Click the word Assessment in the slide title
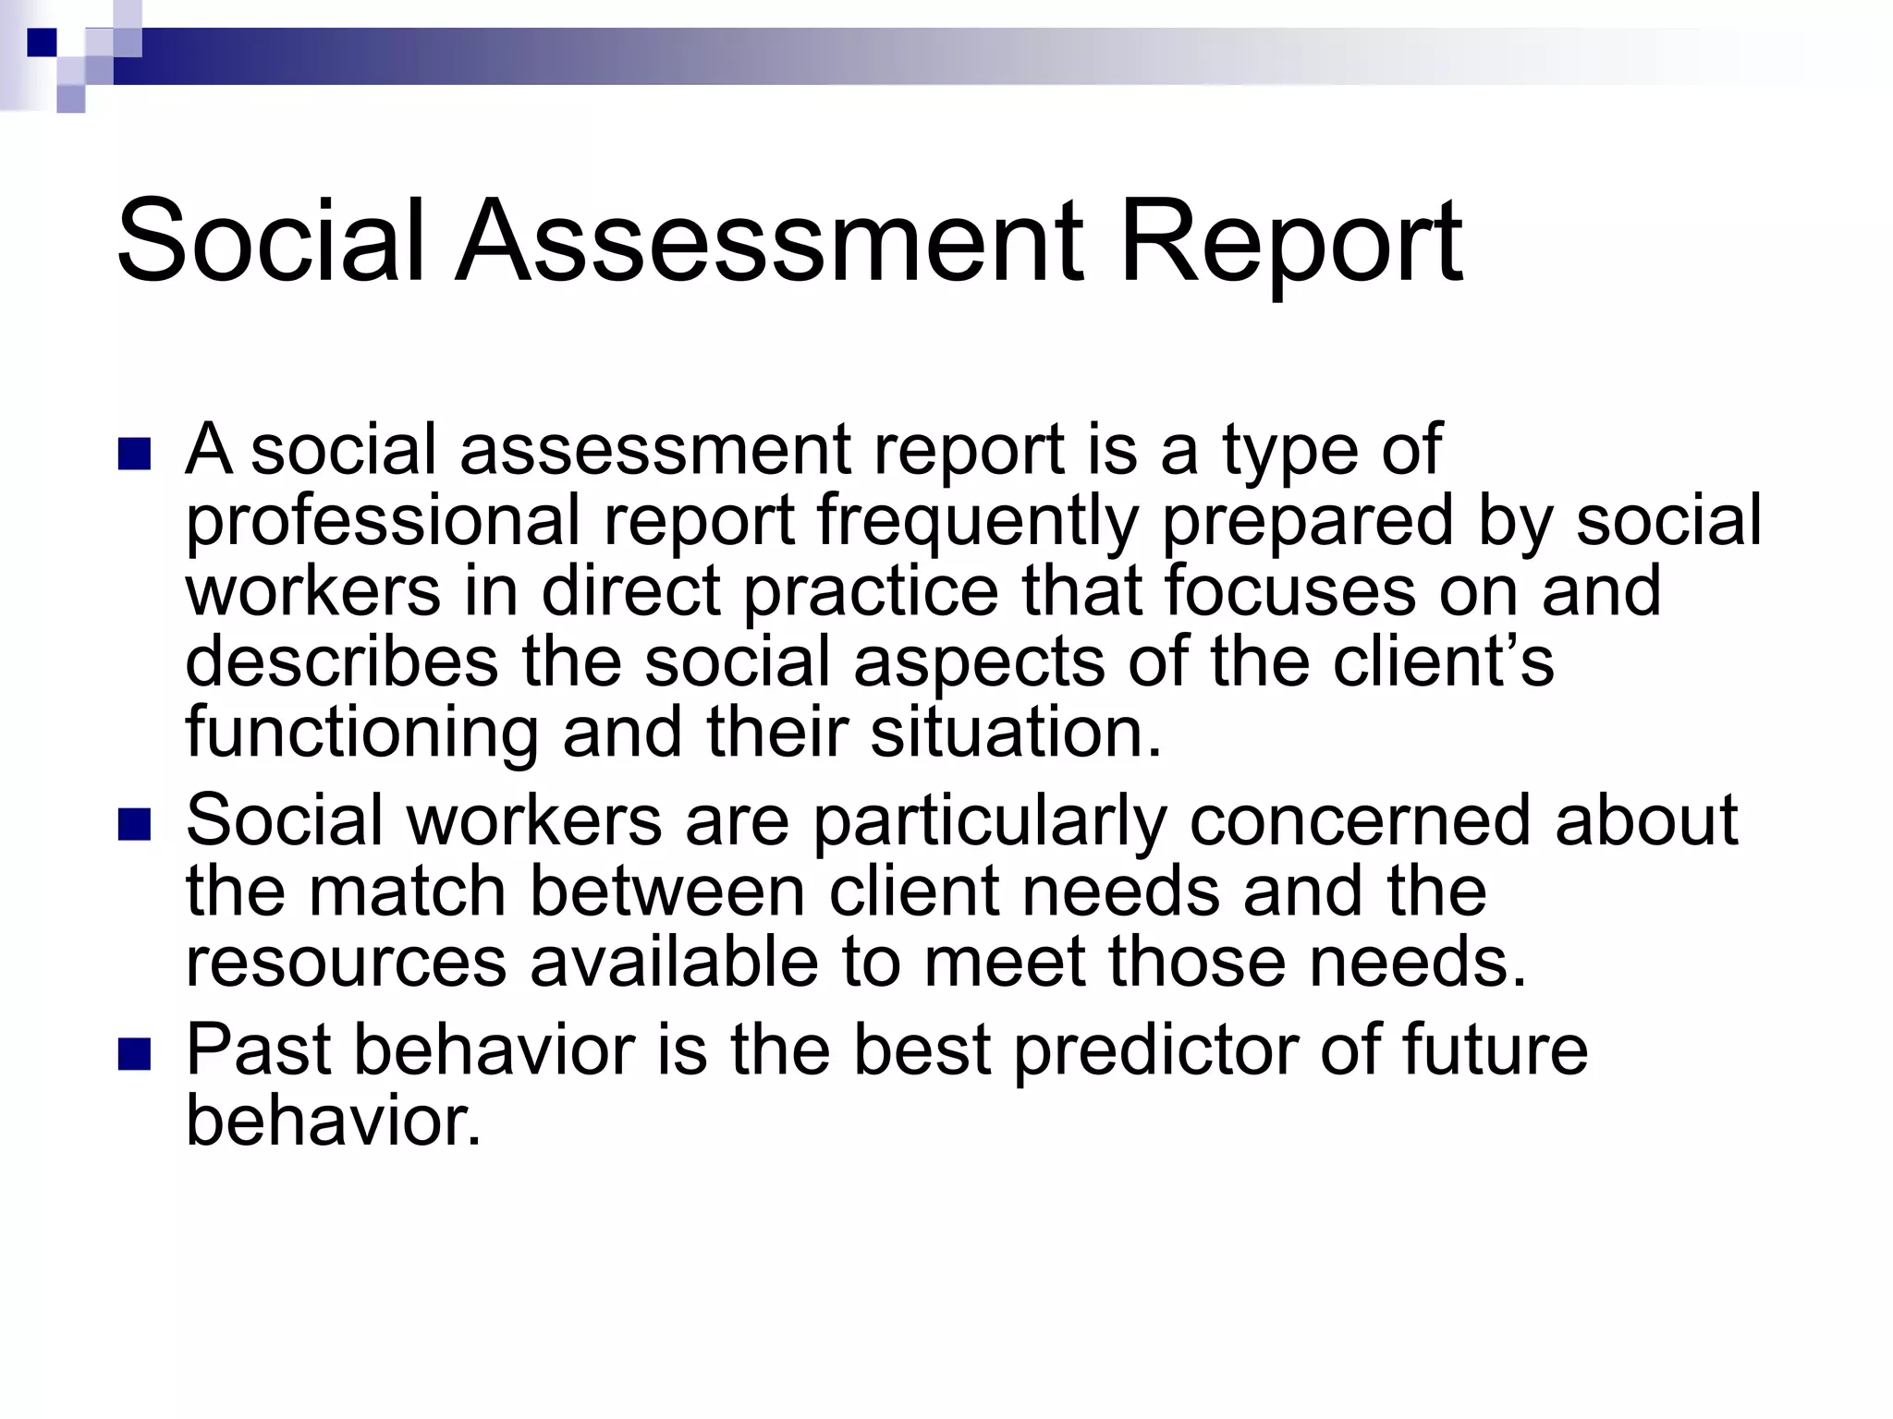click(x=769, y=242)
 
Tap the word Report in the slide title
click(x=1290, y=242)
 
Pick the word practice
click(x=871, y=592)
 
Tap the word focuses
click(x=1289, y=592)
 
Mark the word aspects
click(x=979, y=662)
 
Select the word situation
click(x=1015, y=733)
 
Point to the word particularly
click(x=990, y=821)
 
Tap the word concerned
click(x=1361, y=821)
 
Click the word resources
click(x=347, y=962)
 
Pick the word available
click(x=675, y=962)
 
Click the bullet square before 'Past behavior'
click(x=135, y=1056)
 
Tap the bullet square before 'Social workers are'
click(x=135, y=826)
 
